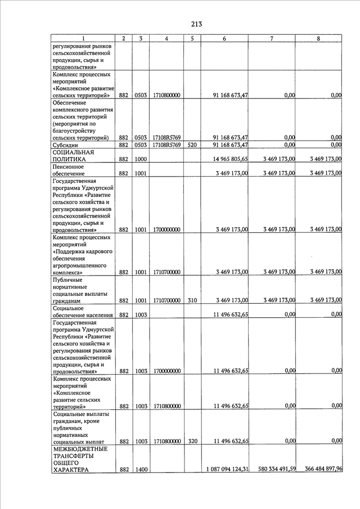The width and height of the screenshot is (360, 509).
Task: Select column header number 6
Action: coord(224,38)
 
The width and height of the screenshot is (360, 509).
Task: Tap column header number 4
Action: coord(166,38)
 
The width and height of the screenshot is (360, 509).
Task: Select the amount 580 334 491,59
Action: coord(272,469)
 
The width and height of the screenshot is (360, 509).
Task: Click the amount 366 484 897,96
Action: coord(319,469)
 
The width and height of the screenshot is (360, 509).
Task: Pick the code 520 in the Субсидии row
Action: coord(192,145)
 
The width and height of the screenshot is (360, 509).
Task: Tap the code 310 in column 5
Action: coord(192,300)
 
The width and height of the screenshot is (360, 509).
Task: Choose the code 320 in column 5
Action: coord(192,442)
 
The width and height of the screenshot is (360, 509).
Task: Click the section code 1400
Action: coord(141,469)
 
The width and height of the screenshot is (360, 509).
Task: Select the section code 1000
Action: coord(141,159)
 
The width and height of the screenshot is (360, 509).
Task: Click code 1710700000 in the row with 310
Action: coord(166,300)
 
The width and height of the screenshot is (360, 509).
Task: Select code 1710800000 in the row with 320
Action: coord(166,442)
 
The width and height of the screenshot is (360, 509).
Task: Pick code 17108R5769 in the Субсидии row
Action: coord(166,145)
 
